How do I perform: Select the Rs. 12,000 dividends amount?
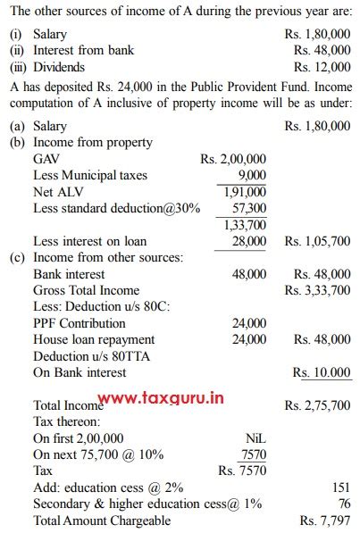click(x=322, y=67)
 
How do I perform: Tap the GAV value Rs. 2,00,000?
click(x=233, y=158)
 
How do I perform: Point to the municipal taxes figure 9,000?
click(x=252, y=175)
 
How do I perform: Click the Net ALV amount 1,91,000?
click(x=243, y=191)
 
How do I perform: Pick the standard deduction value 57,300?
click(x=247, y=207)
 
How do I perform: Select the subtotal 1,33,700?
click(x=243, y=224)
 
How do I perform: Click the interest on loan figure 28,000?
click(x=248, y=241)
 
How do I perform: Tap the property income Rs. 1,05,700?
click(x=317, y=241)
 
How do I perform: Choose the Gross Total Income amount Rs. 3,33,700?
click(x=317, y=290)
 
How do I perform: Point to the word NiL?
click(x=255, y=438)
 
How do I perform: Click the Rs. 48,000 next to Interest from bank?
click(x=322, y=50)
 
